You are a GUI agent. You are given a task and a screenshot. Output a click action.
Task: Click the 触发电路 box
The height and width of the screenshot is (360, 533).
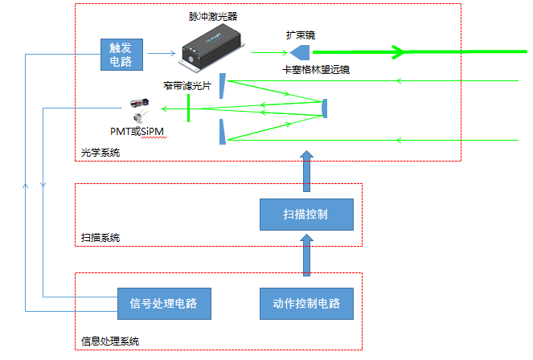click(x=121, y=54)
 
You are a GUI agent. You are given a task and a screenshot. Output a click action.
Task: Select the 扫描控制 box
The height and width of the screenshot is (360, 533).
click(x=306, y=215)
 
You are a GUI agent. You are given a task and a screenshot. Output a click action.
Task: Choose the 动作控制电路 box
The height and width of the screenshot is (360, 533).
click(x=306, y=303)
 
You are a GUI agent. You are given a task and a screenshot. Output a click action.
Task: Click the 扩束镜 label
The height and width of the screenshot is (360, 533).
click(x=301, y=35)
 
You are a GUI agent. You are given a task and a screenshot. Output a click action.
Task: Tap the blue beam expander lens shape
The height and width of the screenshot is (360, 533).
click(x=301, y=52)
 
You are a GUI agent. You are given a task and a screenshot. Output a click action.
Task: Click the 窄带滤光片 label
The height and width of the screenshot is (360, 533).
click(x=187, y=86)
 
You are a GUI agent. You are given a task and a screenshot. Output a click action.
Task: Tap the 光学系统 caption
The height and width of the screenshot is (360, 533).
click(x=100, y=152)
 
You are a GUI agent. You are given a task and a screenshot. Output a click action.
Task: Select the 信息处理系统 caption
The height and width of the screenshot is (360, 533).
click(x=111, y=341)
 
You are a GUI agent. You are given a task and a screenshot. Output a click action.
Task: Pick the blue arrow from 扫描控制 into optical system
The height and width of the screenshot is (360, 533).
click(x=305, y=170)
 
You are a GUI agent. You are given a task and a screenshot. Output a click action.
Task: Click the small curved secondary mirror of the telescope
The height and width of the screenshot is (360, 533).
click(x=325, y=108)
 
